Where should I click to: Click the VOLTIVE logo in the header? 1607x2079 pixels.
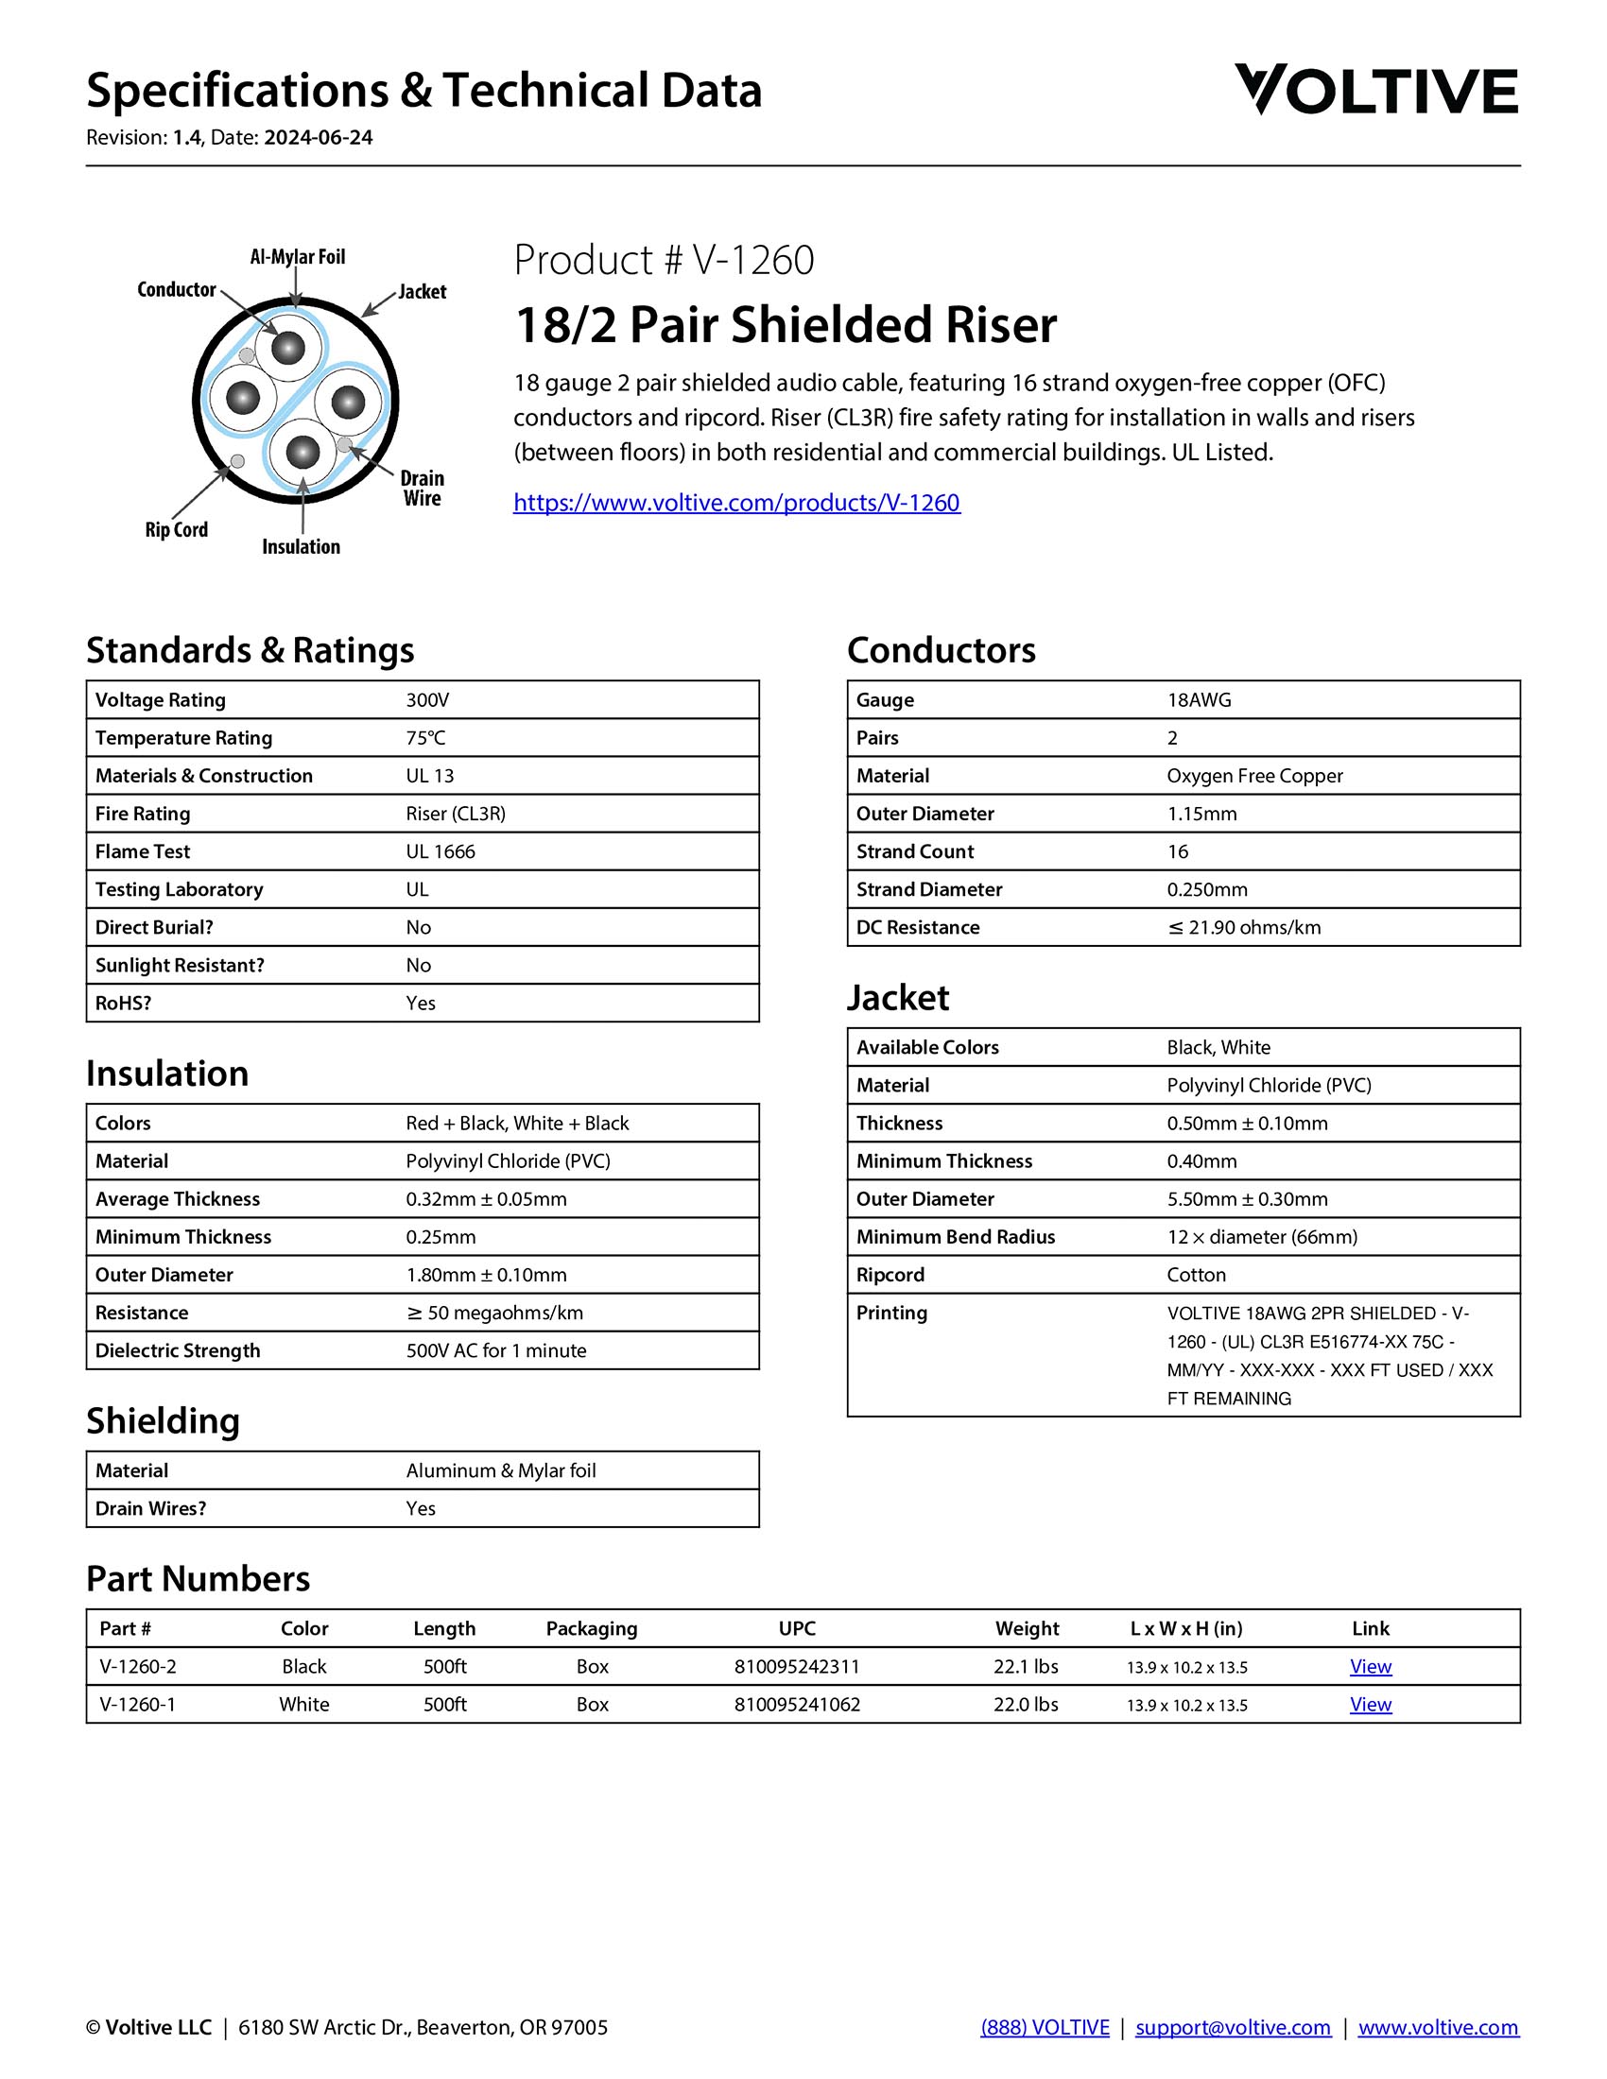coord(1375,91)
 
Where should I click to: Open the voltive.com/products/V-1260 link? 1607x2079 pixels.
coord(737,503)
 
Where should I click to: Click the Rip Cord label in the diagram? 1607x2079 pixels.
coord(176,530)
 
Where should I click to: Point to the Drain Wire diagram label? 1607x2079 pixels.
coord(422,489)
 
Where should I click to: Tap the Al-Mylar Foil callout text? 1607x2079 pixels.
coord(297,257)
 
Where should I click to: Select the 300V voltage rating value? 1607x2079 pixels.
coord(427,700)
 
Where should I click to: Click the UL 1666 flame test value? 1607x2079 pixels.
coord(440,852)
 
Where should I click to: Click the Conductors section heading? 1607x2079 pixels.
coord(941,650)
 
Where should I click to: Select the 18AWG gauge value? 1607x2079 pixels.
coord(1199,700)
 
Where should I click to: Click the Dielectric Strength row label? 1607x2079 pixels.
coord(177,1350)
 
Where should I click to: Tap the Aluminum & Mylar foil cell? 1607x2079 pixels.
coord(501,1470)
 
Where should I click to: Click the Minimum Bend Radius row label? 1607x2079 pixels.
coord(955,1237)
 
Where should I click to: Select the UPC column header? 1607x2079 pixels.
coord(797,1629)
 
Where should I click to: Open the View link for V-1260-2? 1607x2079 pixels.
coord(1370,1667)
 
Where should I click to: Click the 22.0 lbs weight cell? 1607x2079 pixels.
coord(1026,1705)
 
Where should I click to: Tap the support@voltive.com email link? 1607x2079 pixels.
coord(1233,2028)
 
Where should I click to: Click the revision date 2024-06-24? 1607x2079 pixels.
coord(318,138)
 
